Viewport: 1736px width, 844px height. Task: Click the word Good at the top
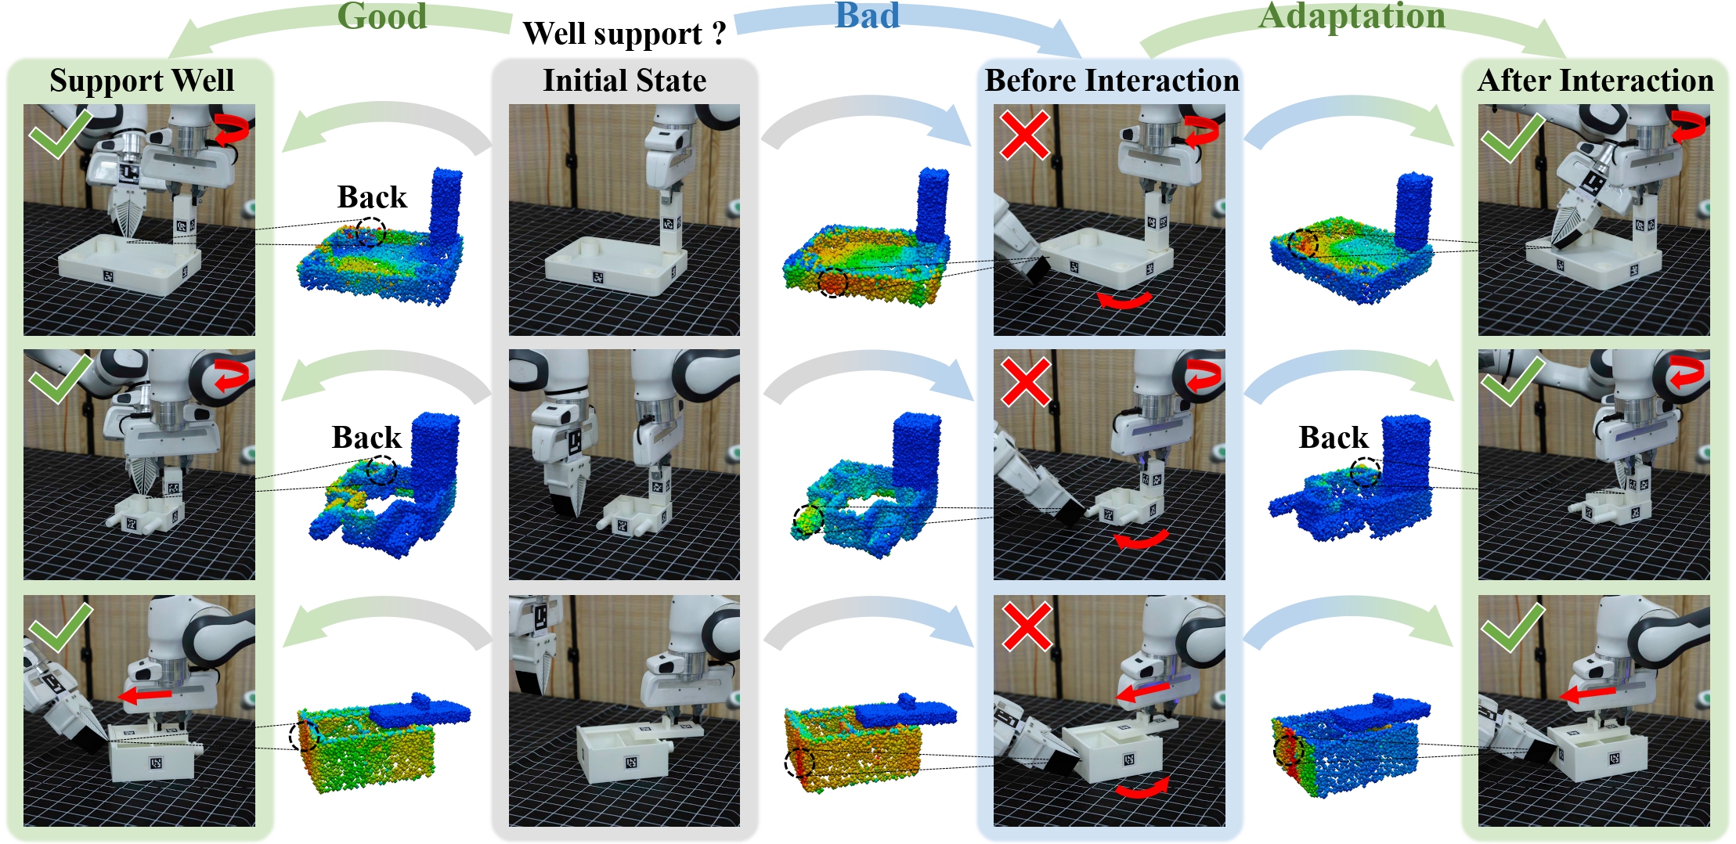pos(382,16)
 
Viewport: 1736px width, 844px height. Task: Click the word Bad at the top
pos(867,16)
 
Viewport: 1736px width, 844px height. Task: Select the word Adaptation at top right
pos(1352,16)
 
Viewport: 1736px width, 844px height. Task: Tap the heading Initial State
pos(624,81)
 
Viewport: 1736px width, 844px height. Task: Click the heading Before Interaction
pos(1111,81)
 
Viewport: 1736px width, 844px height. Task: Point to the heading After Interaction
pos(1595,81)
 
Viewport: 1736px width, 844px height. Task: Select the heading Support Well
pos(142,81)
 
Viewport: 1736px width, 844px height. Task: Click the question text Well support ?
pos(624,34)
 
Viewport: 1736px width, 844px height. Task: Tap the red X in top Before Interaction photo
pos(1025,135)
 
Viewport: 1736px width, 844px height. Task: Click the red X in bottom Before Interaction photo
pos(1027,626)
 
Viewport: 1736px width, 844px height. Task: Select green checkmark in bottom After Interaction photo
pos(1511,626)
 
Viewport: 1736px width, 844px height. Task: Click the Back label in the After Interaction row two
pos(1333,438)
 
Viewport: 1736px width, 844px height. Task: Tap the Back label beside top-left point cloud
pos(372,197)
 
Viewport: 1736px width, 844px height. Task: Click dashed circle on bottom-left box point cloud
pos(304,736)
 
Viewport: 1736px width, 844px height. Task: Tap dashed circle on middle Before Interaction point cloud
pos(808,520)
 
